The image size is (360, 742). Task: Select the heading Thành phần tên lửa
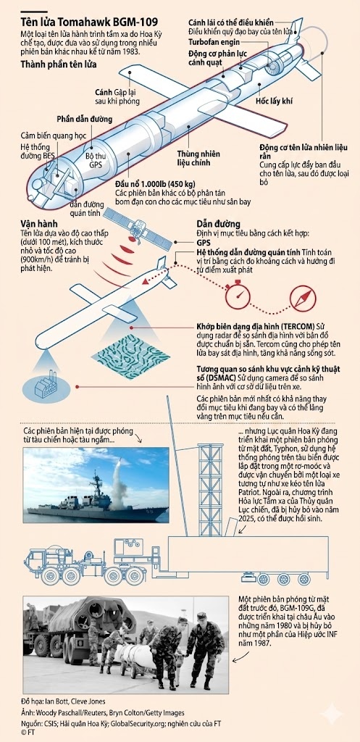[x=59, y=64]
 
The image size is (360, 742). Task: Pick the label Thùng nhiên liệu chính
[x=193, y=159]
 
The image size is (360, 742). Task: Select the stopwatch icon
[x=238, y=296]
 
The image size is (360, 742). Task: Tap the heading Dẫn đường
[x=218, y=224]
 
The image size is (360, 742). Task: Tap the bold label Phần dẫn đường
[x=85, y=119]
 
